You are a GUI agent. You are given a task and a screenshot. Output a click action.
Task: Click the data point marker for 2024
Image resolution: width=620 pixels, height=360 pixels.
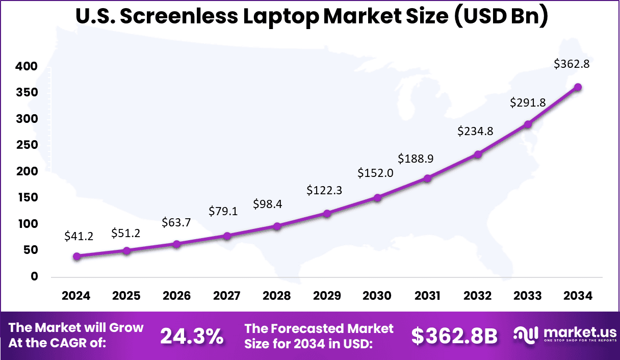click(x=76, y=256)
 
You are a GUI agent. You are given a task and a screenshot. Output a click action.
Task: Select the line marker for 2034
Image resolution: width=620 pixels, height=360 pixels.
click(x=578, y=87)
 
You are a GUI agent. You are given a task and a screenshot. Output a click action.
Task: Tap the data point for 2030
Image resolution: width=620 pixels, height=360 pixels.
click(x=377, y=198)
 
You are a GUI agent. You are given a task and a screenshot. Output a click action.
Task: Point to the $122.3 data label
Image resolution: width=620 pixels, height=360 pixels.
click(x=324, y=190)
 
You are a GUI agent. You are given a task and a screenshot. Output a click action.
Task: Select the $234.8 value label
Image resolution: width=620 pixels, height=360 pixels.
click(x=475, y=131)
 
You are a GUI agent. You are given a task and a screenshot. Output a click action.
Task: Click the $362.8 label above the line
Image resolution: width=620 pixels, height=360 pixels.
click(x=572, y=64)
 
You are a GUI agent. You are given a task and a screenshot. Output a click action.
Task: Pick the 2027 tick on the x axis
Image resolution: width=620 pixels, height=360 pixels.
click(x=227, y=296)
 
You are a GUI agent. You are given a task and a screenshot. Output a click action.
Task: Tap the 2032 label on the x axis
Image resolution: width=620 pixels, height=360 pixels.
click(x=478, y=296)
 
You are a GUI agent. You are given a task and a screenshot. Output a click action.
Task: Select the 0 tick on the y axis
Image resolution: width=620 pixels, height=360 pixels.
click(x=35, y=276)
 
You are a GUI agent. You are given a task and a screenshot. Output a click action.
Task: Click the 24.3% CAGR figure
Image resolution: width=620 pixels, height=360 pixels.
click(x=192, y=336)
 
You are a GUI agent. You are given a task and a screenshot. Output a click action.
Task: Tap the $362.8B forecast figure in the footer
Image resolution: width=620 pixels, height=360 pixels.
click(x=454, y=336)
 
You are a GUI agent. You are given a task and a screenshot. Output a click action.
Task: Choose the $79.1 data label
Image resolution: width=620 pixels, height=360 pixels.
click(x=224, y=211)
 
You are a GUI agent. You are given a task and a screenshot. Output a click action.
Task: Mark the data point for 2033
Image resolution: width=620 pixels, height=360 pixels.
click(x=528, y=124)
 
